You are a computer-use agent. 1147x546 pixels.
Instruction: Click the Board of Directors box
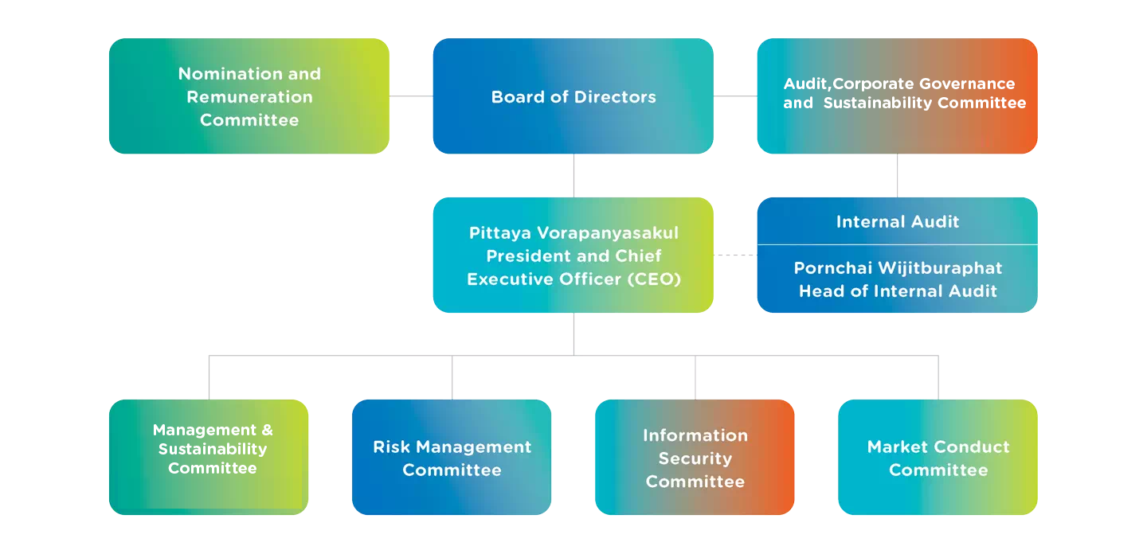[573, 96]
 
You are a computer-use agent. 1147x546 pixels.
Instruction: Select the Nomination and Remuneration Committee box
[249, 96]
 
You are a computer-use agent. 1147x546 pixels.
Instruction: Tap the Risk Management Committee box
[452, 458]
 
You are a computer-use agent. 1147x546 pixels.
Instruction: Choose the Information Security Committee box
[695, 458]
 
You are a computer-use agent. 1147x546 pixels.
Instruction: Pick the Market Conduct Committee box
[938, 458]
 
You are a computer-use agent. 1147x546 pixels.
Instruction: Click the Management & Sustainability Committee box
[209, 458]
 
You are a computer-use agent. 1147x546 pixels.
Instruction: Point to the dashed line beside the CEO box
[734, 255]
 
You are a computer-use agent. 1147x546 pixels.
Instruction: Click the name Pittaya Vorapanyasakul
[573, 233]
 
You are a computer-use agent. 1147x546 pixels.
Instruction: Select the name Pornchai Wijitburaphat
[898, 268]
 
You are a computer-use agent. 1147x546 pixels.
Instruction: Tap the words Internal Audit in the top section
[898, 222]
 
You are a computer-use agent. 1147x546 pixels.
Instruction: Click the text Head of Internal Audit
[898, 291]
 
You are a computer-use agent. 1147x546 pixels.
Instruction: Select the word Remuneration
[249, 97]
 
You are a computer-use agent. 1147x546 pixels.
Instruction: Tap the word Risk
[391, 447]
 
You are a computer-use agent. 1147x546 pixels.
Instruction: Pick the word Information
[695, 435]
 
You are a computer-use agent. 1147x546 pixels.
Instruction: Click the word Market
[896, 447]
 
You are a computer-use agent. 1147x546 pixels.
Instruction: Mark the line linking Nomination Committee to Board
[411, 96]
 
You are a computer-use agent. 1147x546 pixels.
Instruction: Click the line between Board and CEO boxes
[573, 175]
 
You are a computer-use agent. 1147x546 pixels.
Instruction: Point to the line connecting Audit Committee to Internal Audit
[898, 175]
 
